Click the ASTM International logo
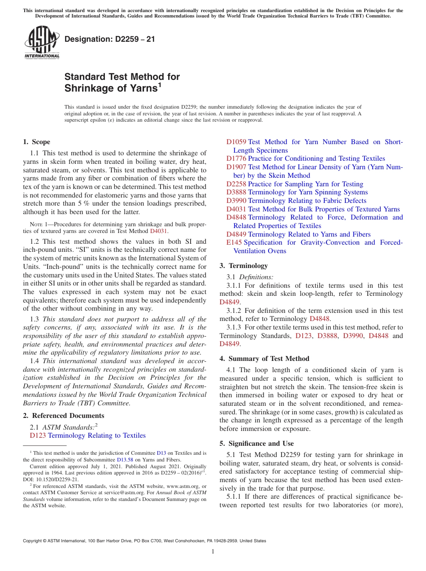[41, 43]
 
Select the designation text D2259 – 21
[110, 39]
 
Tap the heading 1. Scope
[36, 142]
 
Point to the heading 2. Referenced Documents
[63, 416]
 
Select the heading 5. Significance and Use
[263, 444]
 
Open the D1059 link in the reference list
[236, 142]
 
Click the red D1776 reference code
[236, 158]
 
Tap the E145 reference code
[234, 242]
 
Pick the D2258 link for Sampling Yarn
[236, 184]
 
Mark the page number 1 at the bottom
[213, 552]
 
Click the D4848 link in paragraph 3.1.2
[320, 319]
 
